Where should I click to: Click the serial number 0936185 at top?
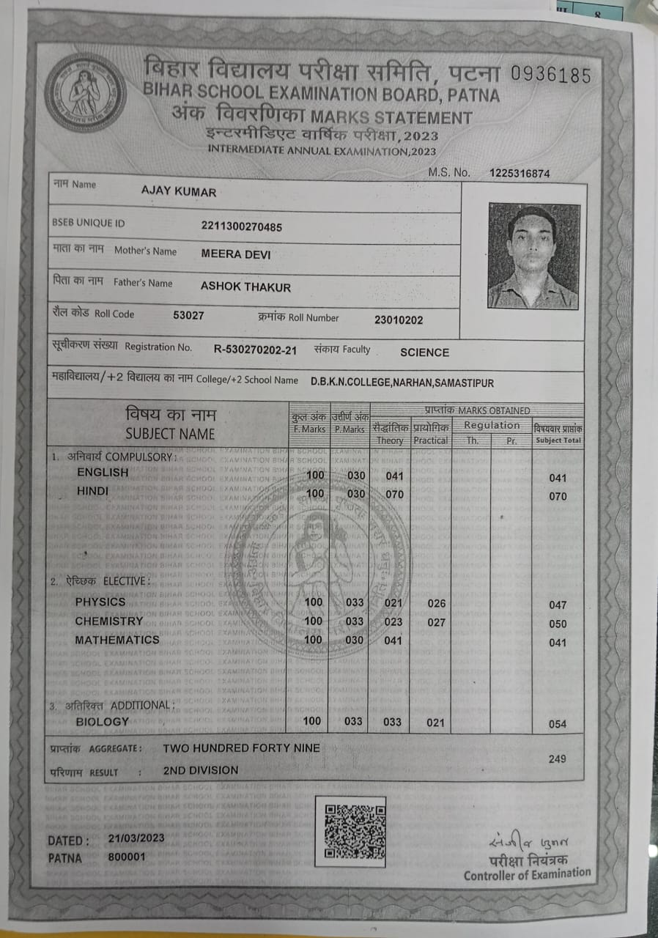coord(550,75)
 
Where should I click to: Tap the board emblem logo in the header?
coord(86,92)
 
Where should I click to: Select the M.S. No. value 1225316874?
coord(519,174)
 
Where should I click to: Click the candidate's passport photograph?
coord(533,256)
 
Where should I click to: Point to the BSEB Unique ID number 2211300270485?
coord(241,226)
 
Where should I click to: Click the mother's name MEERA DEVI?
coord(235,254)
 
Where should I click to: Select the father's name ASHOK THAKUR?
coord(245,287)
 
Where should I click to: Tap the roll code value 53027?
coord(188,315)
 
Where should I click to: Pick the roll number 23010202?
coord(398,320)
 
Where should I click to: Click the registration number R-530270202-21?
coord(255,350)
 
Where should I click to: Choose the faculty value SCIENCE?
coord(424,352)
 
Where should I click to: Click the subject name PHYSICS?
coord(100,602)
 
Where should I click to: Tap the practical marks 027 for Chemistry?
coord(436,622)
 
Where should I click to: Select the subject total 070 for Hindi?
coord(558,497)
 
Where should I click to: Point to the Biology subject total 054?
coord(558,724)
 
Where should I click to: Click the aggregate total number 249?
coord(557,758)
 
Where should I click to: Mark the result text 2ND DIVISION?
coord(200,770)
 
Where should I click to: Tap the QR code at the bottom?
coord(355,831)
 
